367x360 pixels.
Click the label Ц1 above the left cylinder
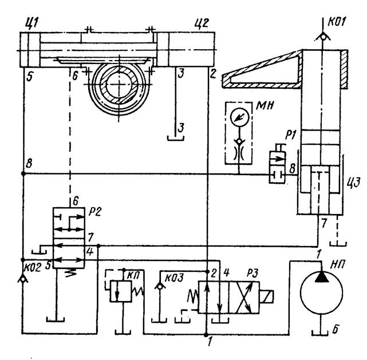tap(31, 23)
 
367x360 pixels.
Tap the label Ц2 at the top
tap(202, 24)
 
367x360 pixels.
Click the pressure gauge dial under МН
tap(239, 117)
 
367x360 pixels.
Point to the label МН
tap(265, 106)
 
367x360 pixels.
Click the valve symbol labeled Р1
tap(277, 167)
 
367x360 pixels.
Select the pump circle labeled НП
tap(321, 293)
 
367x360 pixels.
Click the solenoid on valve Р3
tap(266, 297)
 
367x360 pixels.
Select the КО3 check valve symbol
tap(160, 286)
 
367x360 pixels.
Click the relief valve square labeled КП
tap(121, 291)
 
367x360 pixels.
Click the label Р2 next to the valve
tap(94, 212)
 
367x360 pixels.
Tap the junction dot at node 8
tap(23, 173)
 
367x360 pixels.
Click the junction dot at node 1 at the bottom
tap(206, 335)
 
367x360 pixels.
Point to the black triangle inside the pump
tap(321, 277)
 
